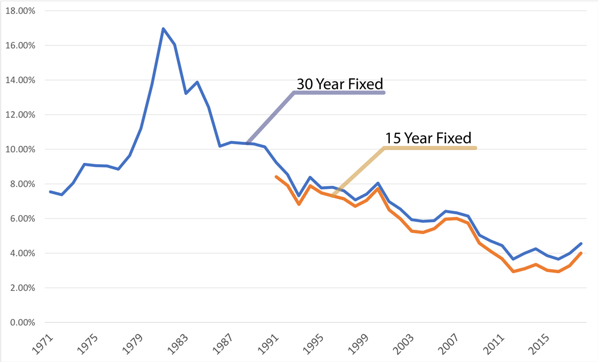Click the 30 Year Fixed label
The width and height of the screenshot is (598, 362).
340,84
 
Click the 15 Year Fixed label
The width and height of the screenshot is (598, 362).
428,138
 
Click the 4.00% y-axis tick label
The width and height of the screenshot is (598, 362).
21,253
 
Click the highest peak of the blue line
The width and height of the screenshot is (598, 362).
163,29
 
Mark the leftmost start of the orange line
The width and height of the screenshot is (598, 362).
276,177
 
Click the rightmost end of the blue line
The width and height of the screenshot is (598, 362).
581,244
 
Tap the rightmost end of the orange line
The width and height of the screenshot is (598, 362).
581,253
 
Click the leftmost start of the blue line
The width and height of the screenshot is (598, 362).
50,192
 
